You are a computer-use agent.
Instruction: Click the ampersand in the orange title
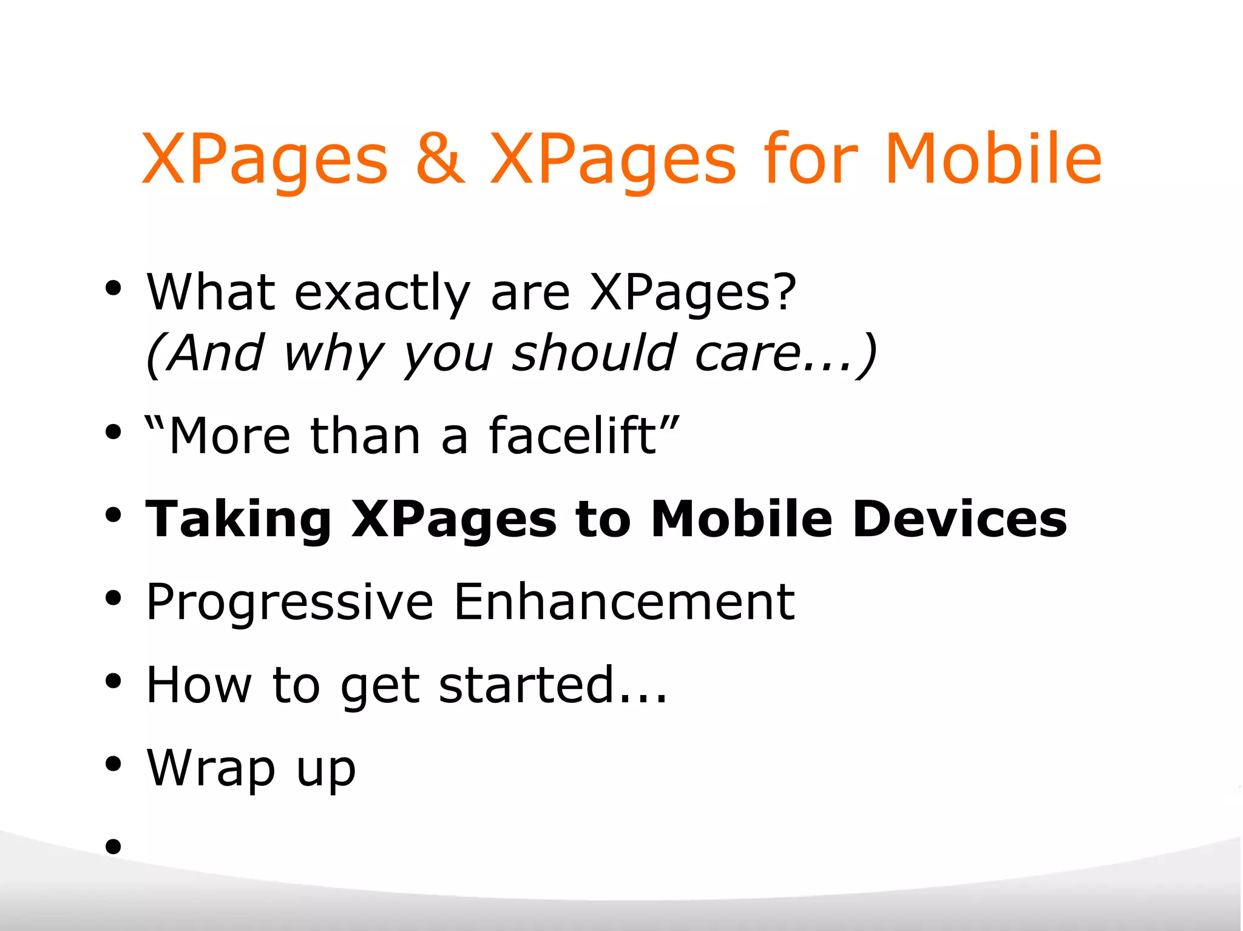440,159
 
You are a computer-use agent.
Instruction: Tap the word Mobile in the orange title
992,159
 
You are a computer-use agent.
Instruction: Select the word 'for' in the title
810,159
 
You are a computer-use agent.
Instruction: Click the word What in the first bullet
211,292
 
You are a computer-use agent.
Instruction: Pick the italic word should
594,353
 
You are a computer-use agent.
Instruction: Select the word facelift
572,435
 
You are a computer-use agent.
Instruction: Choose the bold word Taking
238,520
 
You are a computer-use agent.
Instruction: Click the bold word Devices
959,519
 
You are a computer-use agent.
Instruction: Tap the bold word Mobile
741,519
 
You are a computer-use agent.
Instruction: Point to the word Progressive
290,603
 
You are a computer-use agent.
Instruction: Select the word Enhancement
623,602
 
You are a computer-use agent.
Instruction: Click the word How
198,685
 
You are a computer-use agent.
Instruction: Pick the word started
526,685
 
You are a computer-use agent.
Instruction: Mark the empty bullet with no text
113,845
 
